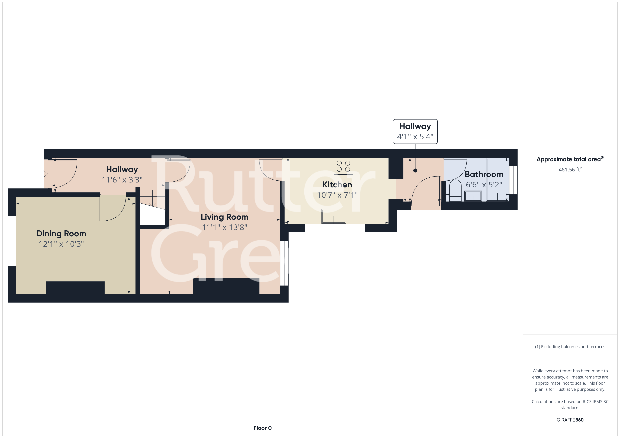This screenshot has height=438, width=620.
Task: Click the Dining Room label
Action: pos(61,234)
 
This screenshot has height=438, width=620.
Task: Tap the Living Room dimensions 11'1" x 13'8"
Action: pos(225,227)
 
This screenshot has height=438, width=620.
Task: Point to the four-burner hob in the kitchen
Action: pos(343,166)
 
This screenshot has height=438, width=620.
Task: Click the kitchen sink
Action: pos(334,216)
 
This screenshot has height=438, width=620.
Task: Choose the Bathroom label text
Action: pos(484,174)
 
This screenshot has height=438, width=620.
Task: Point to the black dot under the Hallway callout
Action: pos(415,170)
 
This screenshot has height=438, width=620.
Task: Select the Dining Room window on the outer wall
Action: pos(12,241)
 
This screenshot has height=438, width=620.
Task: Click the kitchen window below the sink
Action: pos(335,228)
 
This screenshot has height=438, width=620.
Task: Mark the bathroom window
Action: pos(513,180)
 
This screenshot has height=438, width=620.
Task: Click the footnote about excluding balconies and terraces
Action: pos(570,347)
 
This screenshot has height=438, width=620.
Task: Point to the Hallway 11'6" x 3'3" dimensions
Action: pos(122,180)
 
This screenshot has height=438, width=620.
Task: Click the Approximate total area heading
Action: pos(570,159)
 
